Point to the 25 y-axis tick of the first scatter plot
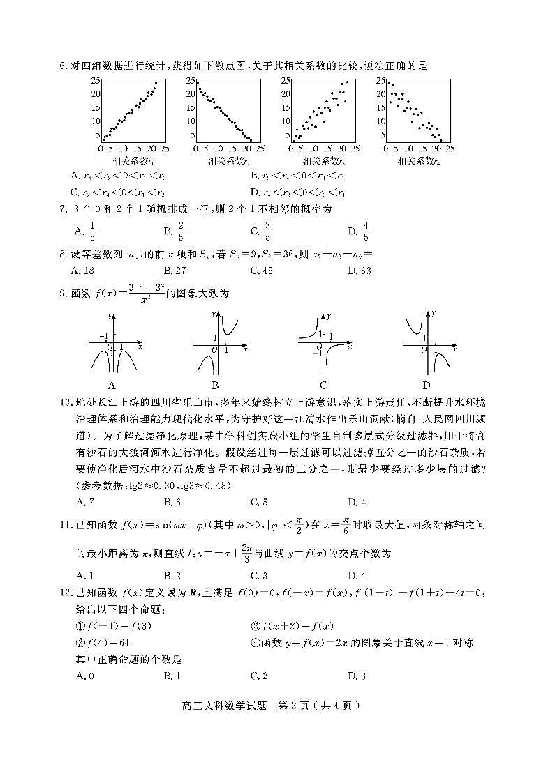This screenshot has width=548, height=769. [95, 80]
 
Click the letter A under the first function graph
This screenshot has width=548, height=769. [112, 385]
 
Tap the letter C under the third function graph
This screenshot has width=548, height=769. [323, 385]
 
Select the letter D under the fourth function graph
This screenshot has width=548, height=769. [426, 385]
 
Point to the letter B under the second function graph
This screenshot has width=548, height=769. [216, 385]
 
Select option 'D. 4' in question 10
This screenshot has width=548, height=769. [357, 502]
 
